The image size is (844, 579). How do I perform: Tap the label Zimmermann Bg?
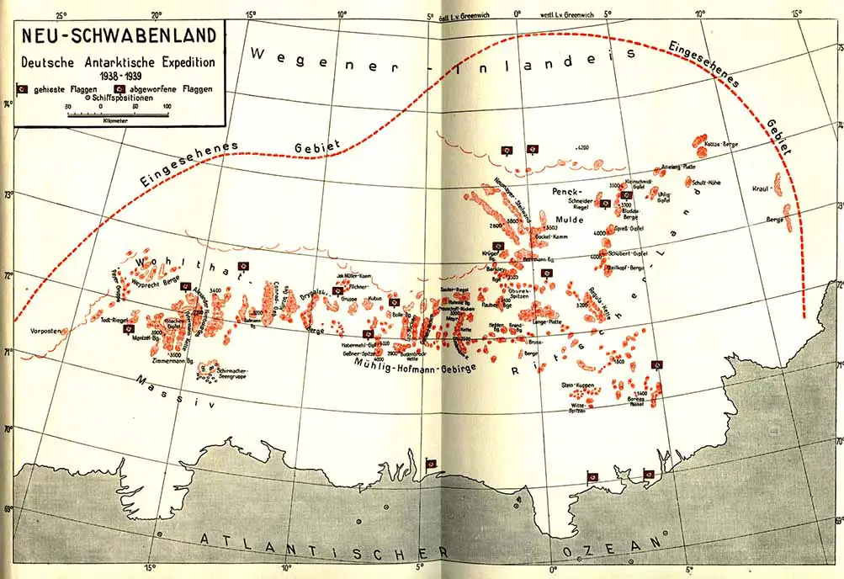[173, 361]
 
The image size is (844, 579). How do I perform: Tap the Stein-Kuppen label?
[578, 385]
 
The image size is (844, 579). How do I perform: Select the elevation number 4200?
[581, 147]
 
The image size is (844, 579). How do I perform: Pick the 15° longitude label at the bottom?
[150, 566]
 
